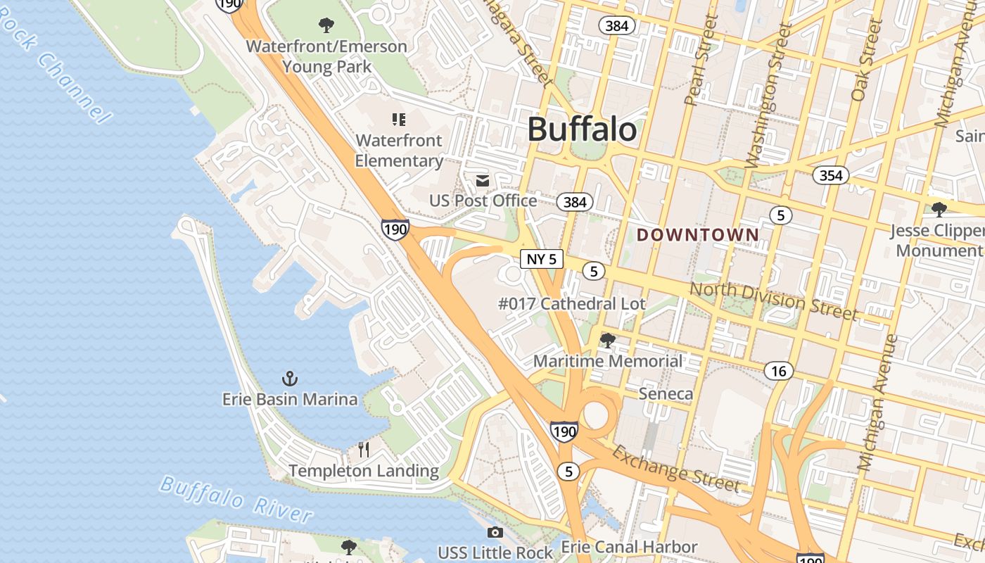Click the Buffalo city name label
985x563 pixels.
pyautogui.click(x=582, y=129)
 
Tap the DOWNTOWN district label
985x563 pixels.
pyautogui.click(x=698, y=235)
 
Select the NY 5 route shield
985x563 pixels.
pyautogui.click(x=542, y=259)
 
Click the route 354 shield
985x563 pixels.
pyautogui.click(x=830, y=175)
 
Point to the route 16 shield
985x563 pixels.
pyautogui.click(x=778, y=371)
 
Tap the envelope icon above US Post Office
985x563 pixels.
pyautogui.click(x=483, y=181)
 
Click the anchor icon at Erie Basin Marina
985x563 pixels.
pyautogui.click(x=290, y=379)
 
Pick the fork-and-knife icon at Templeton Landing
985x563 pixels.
pyautogui.click(x=364, y=449)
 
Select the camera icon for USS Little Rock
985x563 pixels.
pyautogui.click(x=495, y=533)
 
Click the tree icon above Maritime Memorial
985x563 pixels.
pyautogui.click(x=607, y=341)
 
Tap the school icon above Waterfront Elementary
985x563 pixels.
pyautogui.click(x=399, y=120)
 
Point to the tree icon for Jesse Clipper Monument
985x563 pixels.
pyautogui.click(x=939, y=209)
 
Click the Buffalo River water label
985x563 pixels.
pyautogui.click(x=236, y=500)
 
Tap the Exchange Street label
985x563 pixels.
pyautogui.click(x=675, y=469)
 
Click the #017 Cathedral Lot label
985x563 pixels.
pyautogui.click(x=571, y=305)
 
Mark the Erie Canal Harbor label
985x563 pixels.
pyautogui.click(x=629, y=547)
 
